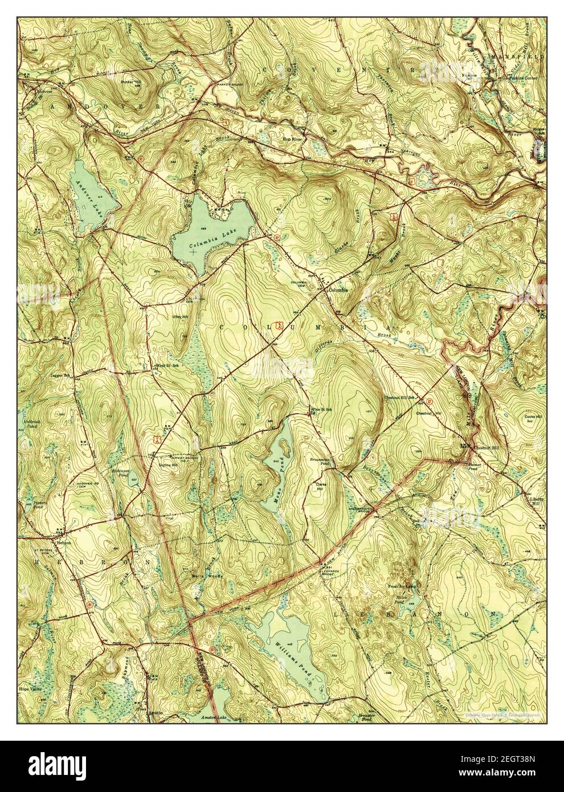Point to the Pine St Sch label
pos(320,409)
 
